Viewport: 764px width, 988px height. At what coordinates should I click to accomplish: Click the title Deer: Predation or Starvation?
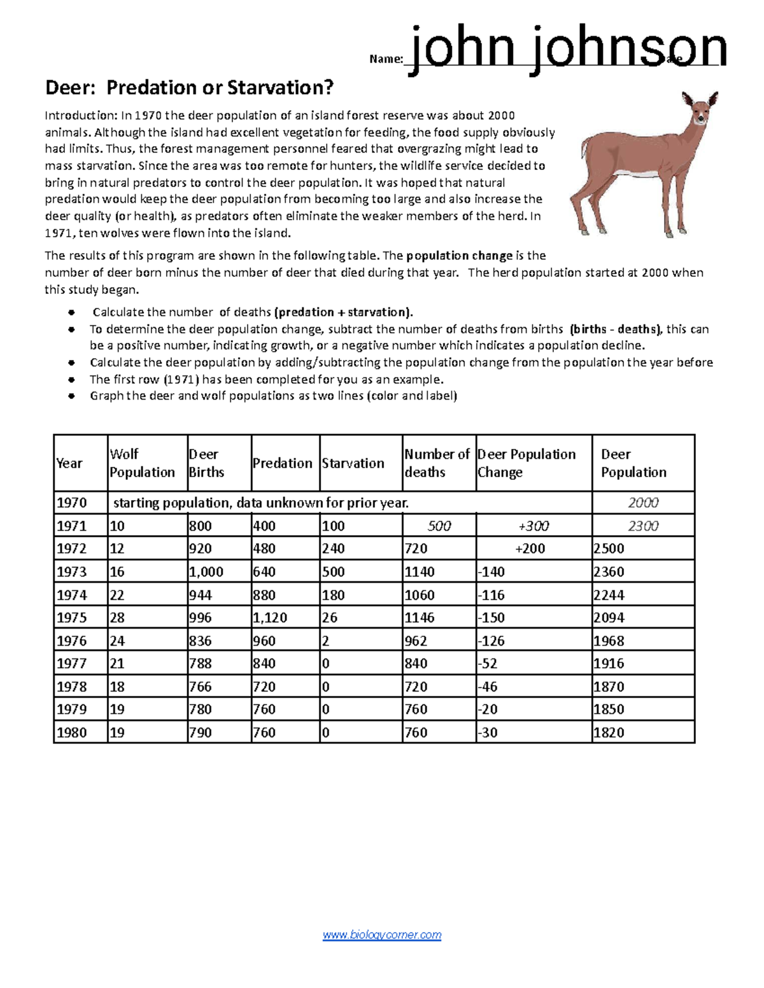click(189, 88)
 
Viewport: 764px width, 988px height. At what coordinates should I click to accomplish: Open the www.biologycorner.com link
click(382, 935)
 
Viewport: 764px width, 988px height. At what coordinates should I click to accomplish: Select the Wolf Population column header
click(142, 463)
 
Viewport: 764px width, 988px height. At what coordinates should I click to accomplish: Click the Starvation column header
click(353, 463)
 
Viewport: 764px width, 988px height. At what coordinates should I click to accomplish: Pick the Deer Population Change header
click(527, 463)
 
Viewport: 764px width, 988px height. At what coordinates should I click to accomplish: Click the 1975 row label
click(71, 618)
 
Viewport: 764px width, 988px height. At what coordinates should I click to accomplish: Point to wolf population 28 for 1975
click(117, 618)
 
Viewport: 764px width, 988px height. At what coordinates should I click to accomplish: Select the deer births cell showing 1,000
click(206, 572)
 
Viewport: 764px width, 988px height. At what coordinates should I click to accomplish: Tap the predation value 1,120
click(270, 618)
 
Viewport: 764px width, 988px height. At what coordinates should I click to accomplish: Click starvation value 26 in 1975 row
click(330, 618)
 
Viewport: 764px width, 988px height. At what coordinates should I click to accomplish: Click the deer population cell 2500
click(609, 548)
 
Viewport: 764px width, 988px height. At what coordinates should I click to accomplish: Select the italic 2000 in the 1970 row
click(643, 503)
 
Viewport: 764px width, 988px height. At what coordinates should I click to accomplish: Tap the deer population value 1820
click(609, 732)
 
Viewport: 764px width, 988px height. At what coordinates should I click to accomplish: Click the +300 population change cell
click(534, 526)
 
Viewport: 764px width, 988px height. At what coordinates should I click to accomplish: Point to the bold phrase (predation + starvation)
click(343, 312)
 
